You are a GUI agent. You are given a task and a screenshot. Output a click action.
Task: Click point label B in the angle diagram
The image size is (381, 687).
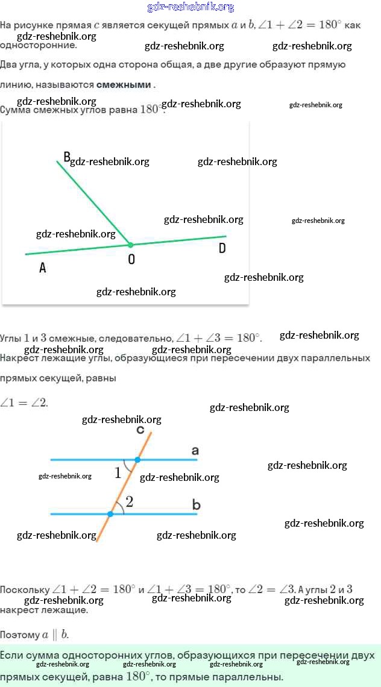67,158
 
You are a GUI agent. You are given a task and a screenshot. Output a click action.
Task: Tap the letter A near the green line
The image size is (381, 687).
42,269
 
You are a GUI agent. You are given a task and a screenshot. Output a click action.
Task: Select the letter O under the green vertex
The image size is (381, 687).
131,259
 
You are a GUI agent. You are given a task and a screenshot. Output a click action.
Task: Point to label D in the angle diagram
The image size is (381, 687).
222,248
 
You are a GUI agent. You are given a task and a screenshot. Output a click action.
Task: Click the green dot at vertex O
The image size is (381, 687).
130,245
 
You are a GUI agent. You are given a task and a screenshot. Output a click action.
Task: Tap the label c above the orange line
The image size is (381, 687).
140,430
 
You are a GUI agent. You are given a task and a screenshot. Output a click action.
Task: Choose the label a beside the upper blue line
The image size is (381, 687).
195,451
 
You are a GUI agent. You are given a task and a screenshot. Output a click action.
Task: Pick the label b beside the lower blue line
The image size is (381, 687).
196,504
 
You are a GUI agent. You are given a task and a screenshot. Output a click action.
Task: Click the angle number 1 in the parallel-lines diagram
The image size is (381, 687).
118,473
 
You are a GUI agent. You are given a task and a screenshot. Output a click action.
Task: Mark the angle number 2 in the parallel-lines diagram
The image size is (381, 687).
129,501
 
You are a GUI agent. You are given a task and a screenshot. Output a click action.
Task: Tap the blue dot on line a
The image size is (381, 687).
137,460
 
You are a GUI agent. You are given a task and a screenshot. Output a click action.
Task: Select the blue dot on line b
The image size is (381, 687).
110,514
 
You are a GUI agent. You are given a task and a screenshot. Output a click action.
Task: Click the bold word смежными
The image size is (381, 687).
124,85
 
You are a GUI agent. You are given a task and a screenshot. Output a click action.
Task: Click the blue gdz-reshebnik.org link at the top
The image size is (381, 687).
190,7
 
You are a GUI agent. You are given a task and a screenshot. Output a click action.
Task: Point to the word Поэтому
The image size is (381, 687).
19,635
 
